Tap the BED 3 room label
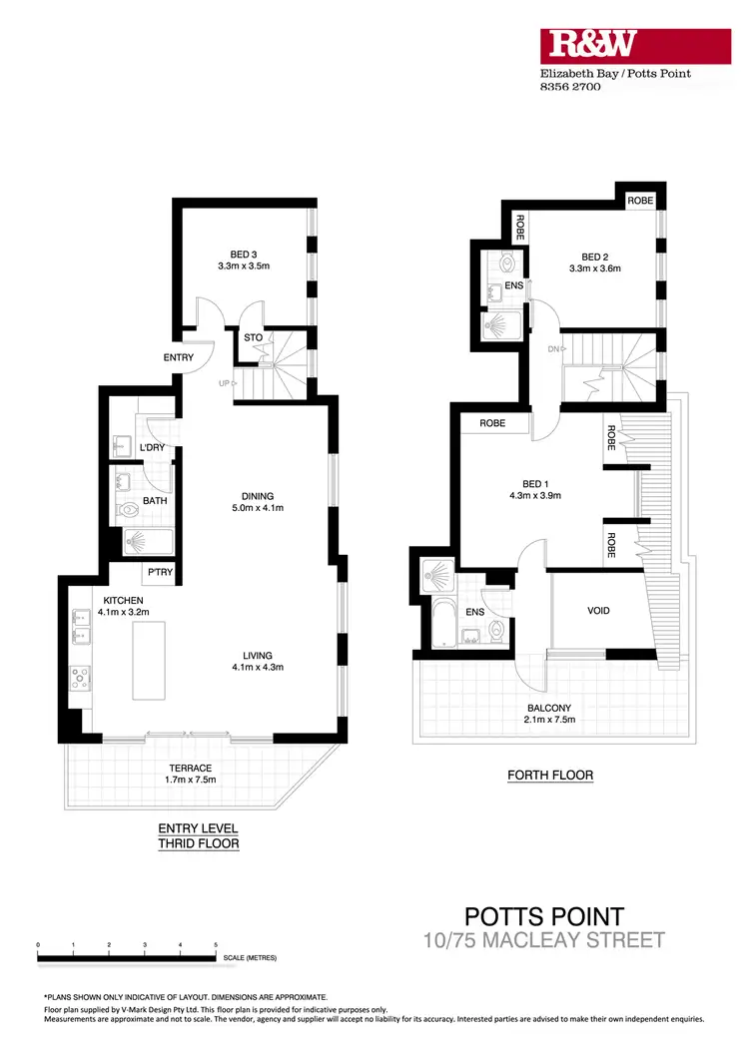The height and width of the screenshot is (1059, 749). point(245,253)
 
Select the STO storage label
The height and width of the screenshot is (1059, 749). point(254,337)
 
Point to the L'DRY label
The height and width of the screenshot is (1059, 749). point(153,447)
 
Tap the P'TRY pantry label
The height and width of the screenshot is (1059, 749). point(160,572)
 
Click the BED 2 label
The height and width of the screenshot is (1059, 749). point(595,254)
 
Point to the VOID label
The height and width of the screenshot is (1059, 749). point(598,610)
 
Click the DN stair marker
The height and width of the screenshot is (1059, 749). point(552,347)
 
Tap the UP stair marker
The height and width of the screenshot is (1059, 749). point(226,382)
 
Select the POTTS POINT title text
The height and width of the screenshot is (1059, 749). point(544,915)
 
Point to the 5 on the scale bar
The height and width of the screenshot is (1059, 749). point(216,943)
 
